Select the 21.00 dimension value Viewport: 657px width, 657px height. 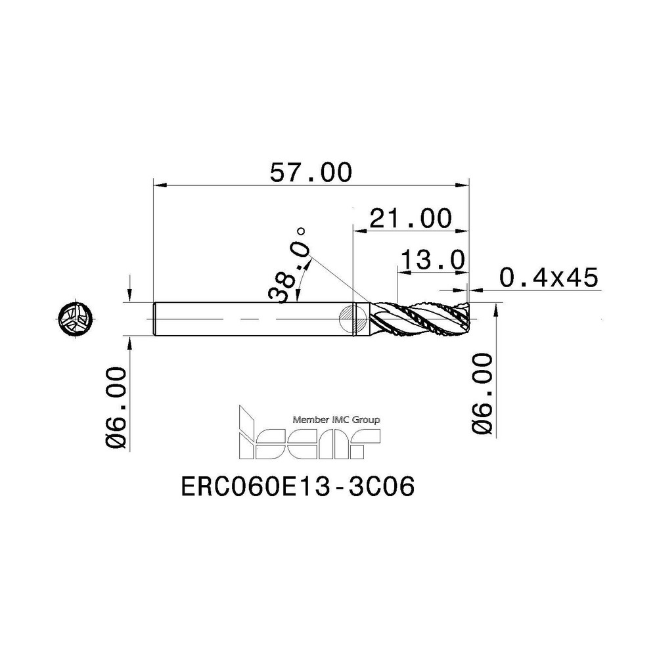(411, 218)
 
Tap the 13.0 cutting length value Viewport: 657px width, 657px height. (434, 260)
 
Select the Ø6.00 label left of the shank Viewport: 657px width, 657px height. (116, 407)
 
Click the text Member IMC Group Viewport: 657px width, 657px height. (335, 419)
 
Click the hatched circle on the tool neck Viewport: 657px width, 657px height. (353, 319)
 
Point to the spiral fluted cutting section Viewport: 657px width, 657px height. (417, 319)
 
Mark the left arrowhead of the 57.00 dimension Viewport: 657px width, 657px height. (158, 186)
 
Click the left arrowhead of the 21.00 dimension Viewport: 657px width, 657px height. (359, 229)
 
